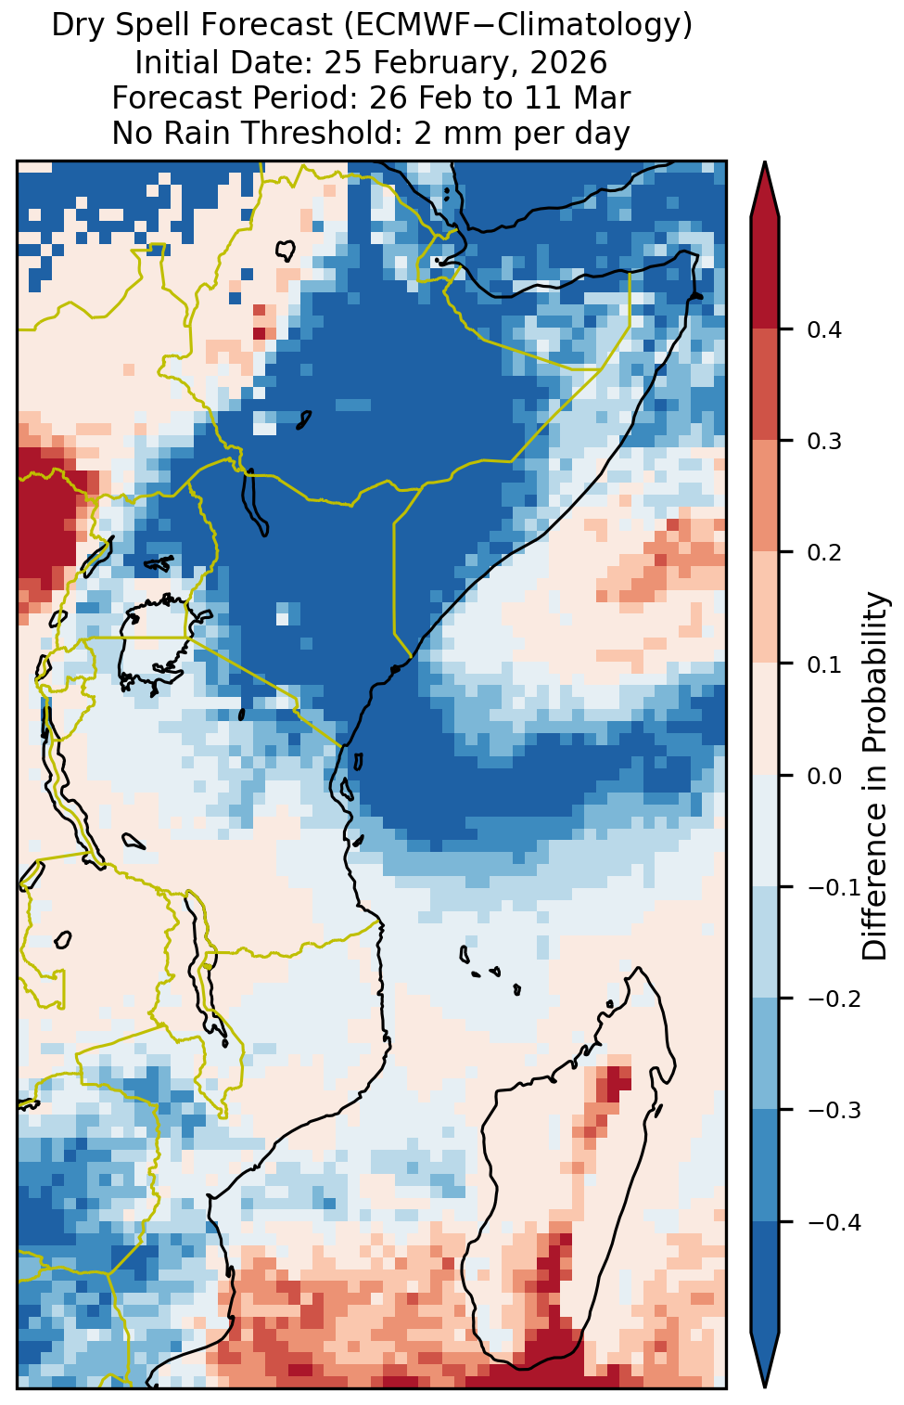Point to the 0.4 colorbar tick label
point(824,330)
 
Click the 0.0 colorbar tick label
point(824,777)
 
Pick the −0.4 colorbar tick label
point(834,1222)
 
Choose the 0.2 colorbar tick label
point(824,553)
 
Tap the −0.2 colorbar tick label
point(834,999)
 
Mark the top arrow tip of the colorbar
point(764,161)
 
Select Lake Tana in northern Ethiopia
point(286,251)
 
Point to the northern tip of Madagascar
point(639,968)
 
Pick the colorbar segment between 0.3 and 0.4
point(765,384)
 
